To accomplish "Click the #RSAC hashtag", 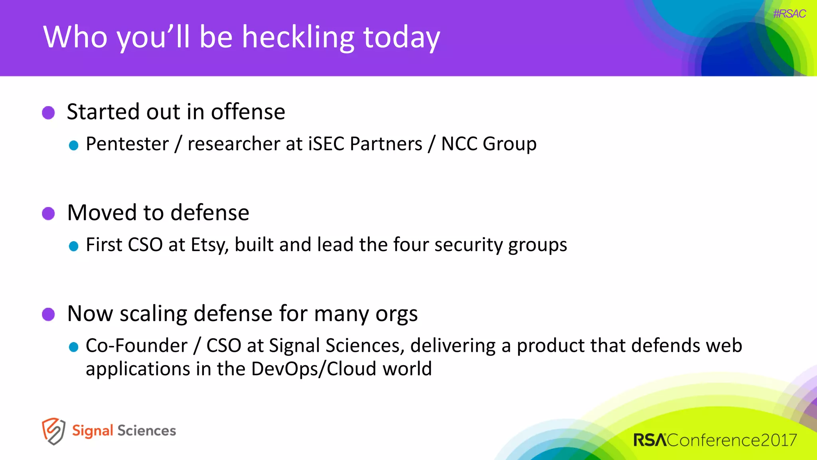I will coord(789,14).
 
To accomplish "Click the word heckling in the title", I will coord(298,37).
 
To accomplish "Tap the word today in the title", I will coord(401,37).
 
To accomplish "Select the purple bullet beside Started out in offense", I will coord(48,113).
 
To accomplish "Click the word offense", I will coord(248,112).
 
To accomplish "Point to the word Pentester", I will coord(127,144).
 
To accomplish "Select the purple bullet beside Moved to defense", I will coord(48,213).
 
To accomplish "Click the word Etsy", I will coord(209,245).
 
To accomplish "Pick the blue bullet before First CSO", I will coord(73,246).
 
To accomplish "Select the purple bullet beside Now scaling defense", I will coord(48,314).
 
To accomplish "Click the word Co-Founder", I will coord(136,345).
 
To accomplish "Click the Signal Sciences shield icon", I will coord(53,431).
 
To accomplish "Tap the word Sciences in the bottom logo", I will coord(146,431).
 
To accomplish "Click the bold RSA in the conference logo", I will coord(649,440).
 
